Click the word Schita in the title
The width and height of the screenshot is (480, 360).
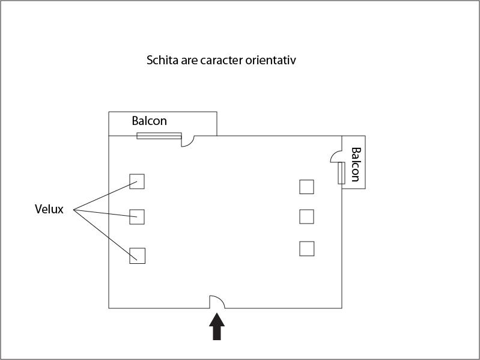point(162,60)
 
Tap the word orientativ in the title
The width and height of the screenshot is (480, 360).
point(270,60)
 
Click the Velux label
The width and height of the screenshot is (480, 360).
point(49,209)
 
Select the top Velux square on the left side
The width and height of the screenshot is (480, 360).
point(137,182)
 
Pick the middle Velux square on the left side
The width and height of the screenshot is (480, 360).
point(137,217)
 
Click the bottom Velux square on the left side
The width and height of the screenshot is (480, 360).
point(137,255)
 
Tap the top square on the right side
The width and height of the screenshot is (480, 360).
point(306,187)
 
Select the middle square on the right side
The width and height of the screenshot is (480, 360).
point(306,216)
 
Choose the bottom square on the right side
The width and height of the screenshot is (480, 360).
point(307,249)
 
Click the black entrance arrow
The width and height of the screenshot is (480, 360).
point(217,326)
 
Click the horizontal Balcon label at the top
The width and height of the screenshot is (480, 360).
point(150,121)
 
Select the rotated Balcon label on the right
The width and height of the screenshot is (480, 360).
point(356,165)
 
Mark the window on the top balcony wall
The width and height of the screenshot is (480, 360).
point(159,136)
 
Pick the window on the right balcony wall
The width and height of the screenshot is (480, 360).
point(342,173)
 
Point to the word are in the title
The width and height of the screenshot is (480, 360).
point(189,61)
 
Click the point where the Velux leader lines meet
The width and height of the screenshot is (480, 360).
point(73,210)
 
